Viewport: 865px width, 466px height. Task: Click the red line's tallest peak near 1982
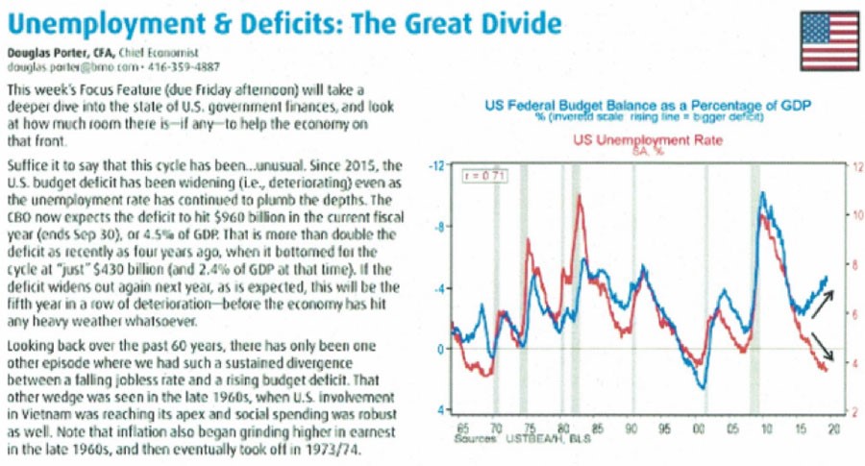click(x=579, y=197)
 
